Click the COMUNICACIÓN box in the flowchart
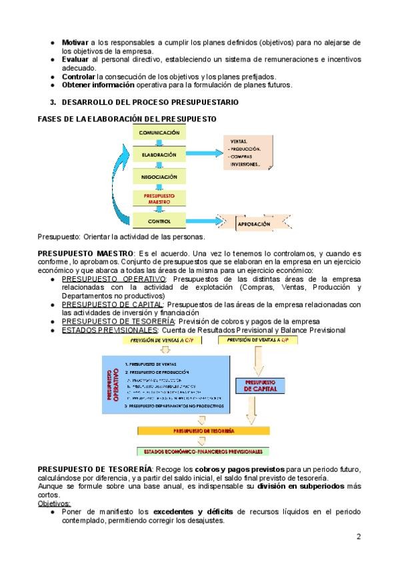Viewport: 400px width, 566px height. pyautogui.click(x=159, y=133)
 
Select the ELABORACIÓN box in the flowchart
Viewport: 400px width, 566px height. pyautogui.click(x=159, y=155)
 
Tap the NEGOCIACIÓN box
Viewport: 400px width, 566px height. pyautogui.click(x=159, y=177)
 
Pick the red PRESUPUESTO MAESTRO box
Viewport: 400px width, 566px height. pyautogui.click(x=159, y=198)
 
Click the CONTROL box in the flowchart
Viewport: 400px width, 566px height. pyautogui.click(x=159, y=220)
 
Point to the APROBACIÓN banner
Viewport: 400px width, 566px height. pyautogui.click(x=254, y=225)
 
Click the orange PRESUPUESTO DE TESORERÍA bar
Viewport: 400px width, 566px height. pyautogui.click(x=203, y=431)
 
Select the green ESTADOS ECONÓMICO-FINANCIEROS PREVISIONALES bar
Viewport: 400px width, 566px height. pyautogui.click(x=203, y=451)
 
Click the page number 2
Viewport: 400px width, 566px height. pyautogui.click(x=358, y=536)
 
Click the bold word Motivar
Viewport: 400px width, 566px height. pyautogui.click(x=75, y=41)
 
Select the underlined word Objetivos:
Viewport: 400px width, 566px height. pyautogui.click(x=55, y=503)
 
